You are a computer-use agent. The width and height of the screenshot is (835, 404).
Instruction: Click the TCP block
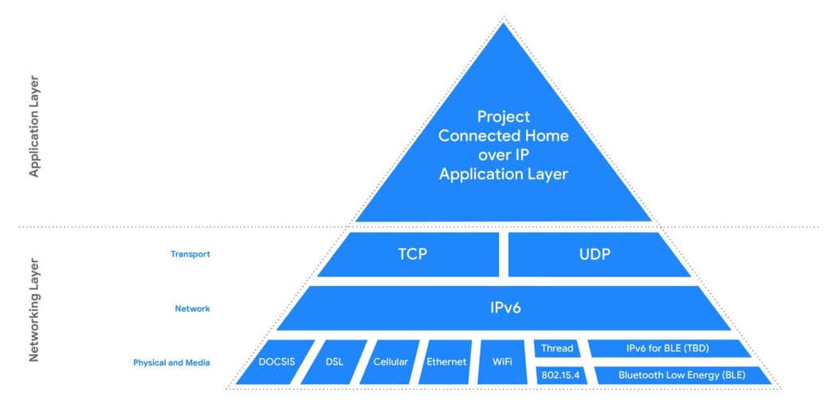click(412, 255)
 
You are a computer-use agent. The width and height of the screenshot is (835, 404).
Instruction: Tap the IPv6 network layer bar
click(504, 308)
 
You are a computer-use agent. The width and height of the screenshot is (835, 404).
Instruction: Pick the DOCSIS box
click(276, 362)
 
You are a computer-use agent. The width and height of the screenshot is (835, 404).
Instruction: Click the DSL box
click(335, 362)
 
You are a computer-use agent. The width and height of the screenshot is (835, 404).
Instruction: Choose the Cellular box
click(390, 362)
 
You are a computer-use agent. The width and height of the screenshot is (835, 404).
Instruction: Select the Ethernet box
click(446, 362)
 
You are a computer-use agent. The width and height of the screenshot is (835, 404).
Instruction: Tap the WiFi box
click(502, 362)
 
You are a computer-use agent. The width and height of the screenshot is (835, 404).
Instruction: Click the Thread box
click(557, 348)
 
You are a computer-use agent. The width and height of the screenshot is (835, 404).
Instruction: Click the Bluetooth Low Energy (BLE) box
click(681, 375)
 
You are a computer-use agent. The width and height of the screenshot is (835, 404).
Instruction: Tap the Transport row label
click(190, 254)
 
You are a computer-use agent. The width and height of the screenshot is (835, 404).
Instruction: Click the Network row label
click(193, 308)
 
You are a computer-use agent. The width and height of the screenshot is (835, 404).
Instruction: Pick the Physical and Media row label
click(171, 363)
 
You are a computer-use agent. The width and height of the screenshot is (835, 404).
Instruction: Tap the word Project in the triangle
click(504, 116)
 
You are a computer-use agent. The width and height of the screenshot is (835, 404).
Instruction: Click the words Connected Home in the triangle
click(504, 135)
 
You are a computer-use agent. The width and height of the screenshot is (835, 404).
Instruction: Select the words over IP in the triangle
click(504, 155)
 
